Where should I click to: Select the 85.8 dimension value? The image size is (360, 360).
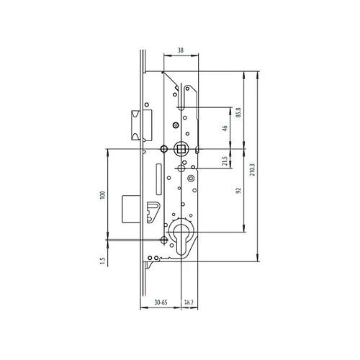coord(238,113)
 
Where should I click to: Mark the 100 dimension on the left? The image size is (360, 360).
coord(102,195)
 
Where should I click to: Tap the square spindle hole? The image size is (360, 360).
coord(181,149)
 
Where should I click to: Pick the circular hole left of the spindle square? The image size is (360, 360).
coord(164,150)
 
